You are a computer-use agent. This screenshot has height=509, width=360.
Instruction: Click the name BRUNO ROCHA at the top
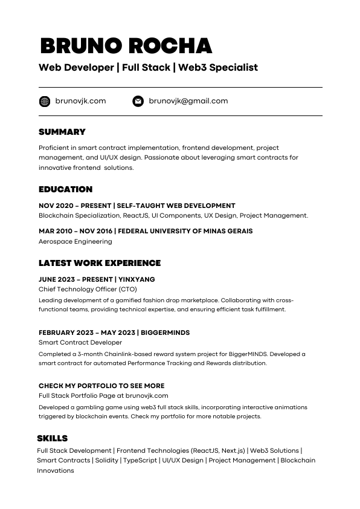coord(126,45)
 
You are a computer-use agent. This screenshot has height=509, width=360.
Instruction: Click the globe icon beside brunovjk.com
coord(44,101)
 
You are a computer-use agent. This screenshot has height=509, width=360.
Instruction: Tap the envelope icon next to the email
coord(138,101)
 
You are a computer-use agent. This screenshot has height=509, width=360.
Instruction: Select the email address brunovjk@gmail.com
coord(188,101)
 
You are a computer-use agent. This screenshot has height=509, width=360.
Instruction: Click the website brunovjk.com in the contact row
coord(80,101)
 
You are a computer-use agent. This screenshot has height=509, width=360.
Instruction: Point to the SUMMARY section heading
coord(62,132)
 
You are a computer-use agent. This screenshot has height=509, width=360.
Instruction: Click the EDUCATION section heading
coord(66,189)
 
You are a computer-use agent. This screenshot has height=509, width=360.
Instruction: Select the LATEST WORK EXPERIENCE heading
coord(100,263)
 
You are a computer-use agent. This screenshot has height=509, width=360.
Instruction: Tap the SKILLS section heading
coord(53,438)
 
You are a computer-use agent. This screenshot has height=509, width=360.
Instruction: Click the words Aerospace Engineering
coord(76,241)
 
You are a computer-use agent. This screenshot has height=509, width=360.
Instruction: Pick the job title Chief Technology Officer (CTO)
coord(88,289)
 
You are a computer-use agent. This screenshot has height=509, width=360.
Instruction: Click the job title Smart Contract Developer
coord(80,342)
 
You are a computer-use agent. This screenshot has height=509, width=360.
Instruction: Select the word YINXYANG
coord(137,279)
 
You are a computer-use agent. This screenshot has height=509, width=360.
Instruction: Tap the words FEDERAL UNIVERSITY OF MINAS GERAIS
coord(185,231)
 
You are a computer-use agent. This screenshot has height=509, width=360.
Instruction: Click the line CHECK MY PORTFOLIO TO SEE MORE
coord(101,386)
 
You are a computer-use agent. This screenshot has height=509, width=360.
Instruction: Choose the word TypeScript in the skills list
coord(140,460)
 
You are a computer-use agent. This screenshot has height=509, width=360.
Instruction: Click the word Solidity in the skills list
coord(107,460)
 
